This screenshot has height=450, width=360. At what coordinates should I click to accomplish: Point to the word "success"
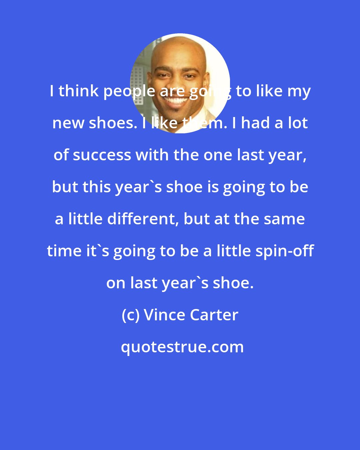click(102, 155)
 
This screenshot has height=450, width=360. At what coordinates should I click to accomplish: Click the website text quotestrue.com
click(182, 347)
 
